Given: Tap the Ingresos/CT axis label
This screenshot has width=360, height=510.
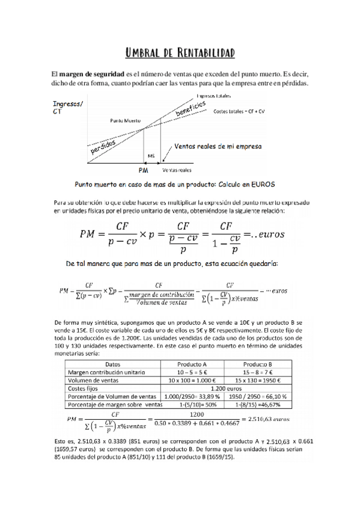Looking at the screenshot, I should tap(68, 107).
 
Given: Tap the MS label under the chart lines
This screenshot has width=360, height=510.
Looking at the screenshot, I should tap(151, 156).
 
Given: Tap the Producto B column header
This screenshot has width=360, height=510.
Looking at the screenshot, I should tap(257, 364).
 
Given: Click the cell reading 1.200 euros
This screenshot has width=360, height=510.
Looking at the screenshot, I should tap(225, 389).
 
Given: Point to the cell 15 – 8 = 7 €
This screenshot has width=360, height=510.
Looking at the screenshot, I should tap(257, 372).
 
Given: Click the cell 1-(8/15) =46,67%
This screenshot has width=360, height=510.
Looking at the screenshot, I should tap(257, 405).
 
